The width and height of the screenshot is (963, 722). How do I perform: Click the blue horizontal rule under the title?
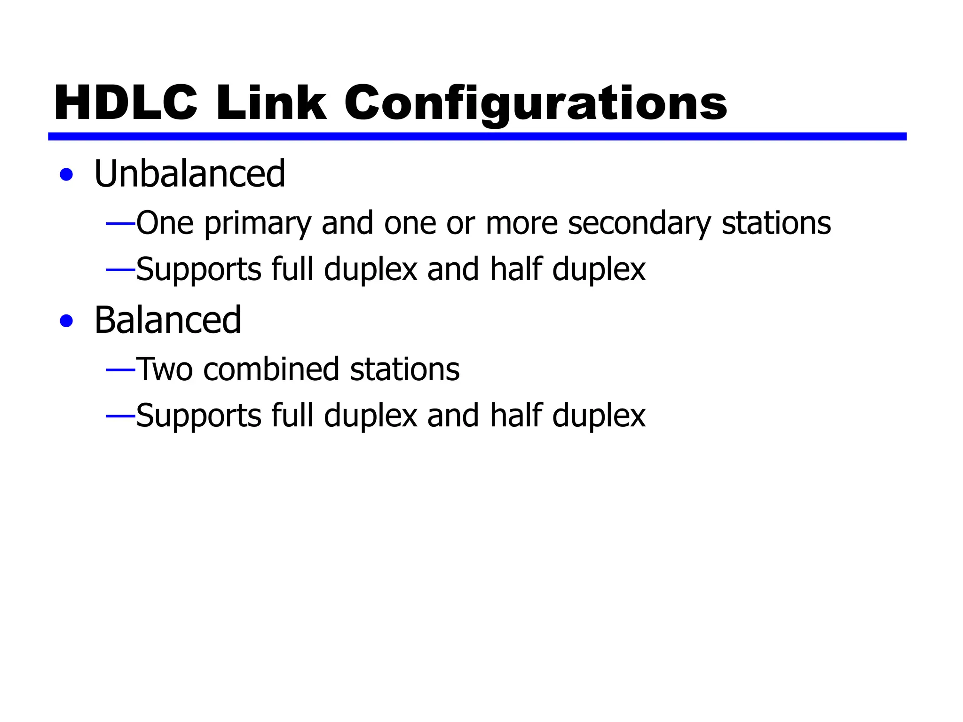pos(477,136)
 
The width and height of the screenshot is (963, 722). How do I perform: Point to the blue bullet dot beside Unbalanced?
pos(67,175)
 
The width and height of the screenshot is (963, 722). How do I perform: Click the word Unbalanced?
pos(189,174)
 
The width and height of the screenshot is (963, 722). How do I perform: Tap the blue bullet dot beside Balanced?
pos(67,321)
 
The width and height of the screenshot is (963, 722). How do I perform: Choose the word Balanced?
pos(168,320)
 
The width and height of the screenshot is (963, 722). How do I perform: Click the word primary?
pos(257,224)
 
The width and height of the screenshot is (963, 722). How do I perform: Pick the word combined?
pos(271,369)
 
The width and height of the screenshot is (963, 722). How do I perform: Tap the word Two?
pos(164,369)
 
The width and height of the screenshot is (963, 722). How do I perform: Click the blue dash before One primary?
pos(120,224)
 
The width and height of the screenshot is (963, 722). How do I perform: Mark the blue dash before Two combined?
pos(120,370)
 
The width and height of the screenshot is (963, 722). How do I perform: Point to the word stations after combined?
pos(405,369)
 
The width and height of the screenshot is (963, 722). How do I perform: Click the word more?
pos(521,224)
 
